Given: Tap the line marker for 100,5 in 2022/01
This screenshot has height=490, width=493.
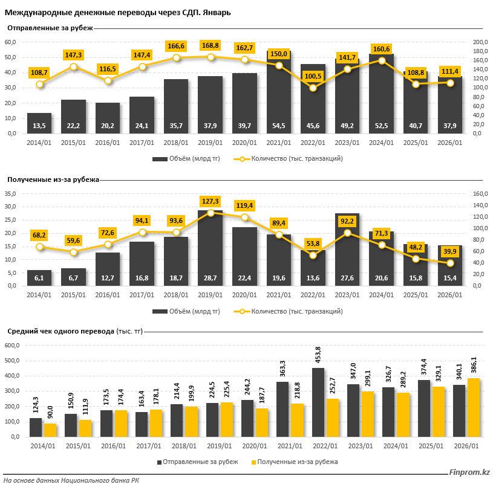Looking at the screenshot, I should [x=313, y=88].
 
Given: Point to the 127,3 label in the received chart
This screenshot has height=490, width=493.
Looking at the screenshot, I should [x=211, y=201].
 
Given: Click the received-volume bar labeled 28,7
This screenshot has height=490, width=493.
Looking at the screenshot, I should [x=211, y=248].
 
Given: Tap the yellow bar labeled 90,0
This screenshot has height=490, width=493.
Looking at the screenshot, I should [x=50, y=430].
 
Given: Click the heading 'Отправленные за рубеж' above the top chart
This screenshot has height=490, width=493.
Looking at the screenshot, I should [x=50, y=27].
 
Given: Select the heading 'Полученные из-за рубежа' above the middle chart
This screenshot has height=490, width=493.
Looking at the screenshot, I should [x=53, y=179].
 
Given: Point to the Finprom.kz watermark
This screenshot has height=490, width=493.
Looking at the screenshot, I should [x=469, y=472].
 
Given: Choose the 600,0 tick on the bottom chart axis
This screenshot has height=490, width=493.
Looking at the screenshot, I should [x=12, y=346].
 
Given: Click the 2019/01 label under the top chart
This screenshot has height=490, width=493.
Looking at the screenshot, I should [x=211, y=143].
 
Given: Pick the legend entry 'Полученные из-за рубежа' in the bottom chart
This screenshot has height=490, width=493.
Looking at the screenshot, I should [x=293, y=462].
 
